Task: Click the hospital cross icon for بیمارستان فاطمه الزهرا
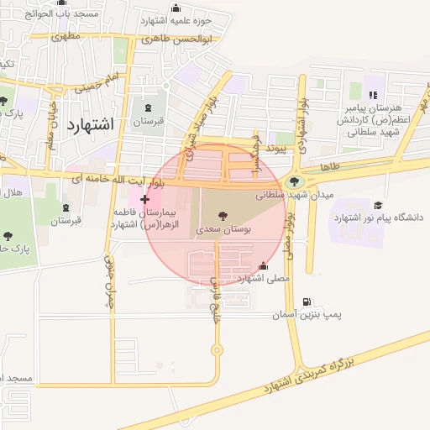(x=146, y=199)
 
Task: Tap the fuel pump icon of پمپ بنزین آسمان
(x=306, y=302)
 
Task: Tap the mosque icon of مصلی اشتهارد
(x=265, y=265)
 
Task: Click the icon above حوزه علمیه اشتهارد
(x=176, y=8)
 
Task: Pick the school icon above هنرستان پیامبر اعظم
(x=373, y=95)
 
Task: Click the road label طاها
(x=330, y=167)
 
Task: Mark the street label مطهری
(x=66, y=36)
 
